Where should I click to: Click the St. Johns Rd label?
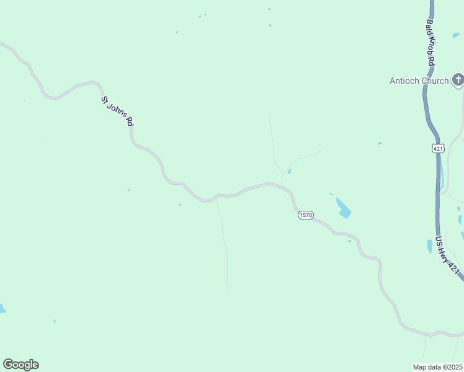[x=117, y=111]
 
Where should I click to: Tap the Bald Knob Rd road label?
[x=430, y=43]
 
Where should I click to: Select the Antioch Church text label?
[x=419, y=81]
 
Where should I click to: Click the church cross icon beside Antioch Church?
[x=458, y=79]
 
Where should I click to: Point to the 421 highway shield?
[x=438, y=148]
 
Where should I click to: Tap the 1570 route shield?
[x=305, y=215]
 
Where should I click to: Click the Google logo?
[x=20, y=365]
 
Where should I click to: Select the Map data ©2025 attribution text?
[x=437, y=367]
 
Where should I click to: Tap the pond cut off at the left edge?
[x=2, y=308]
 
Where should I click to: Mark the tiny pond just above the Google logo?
[x=55, y=321]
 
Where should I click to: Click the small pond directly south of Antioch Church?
[x=380, y=143]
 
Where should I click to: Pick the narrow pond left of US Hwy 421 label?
[x=429, y=246]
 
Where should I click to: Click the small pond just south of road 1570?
[x=349, y=241]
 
